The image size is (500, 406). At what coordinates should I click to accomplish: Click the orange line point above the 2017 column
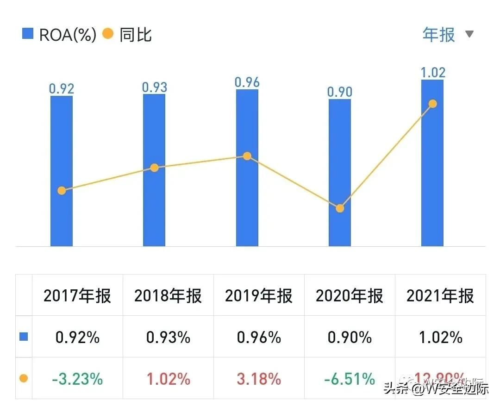62,190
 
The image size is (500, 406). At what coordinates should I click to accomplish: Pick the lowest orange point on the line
340,208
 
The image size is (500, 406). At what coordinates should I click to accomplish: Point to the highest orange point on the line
432,104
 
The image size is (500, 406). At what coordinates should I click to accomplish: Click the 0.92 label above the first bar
62,88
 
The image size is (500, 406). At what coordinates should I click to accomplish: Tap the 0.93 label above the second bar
154,87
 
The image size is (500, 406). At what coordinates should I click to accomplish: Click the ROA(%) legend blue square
28,34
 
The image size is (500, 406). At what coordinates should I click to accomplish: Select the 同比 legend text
136,35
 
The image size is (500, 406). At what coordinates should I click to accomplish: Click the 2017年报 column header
77,296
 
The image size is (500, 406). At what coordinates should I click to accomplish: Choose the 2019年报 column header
259,296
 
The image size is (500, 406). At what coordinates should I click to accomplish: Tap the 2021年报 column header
440,296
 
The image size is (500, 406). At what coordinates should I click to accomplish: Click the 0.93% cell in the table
168,337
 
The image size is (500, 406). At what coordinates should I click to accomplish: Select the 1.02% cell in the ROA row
440,337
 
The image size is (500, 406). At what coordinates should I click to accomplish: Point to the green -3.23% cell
77,379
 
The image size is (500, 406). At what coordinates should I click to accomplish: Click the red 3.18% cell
259,379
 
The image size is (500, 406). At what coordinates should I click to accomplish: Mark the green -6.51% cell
350,379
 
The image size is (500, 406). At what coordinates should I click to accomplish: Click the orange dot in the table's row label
24,379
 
